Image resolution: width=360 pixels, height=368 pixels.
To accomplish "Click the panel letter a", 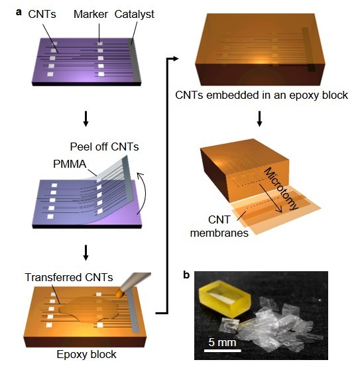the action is pyautogui.click(x=19, y=12).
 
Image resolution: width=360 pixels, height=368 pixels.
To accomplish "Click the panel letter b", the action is pyautogui.click(x=186, y=275).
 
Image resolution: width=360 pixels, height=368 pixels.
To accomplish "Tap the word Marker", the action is pyautogui.click(x=91, y=15).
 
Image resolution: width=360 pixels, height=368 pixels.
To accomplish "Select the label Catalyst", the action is pyautogui.click(x=134, y=15).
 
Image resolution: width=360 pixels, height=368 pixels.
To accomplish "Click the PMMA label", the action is pyautogui.click(x=70, y=164).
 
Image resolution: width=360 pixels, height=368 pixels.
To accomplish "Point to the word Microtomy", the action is pyautogui.click(x=281, y=188).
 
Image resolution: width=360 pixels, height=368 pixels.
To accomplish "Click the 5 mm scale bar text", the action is pyautogui.click(x=222, y=342).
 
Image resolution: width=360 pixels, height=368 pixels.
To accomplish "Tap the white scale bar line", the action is pyautogui.click(x=223, y=351).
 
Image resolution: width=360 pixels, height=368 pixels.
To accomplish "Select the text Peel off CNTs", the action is pyautogui.click(x=105, y=147).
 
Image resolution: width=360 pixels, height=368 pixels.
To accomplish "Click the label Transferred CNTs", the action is pyautogui.click(x=69, y=277).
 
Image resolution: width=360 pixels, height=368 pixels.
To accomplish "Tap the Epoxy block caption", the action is pyautogui.click(x=87, y=354).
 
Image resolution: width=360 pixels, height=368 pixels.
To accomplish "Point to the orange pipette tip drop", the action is pyautogui.click(x=120, y=293).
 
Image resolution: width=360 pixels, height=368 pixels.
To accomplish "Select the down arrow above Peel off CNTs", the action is pyautogui.click(x=86, y=119).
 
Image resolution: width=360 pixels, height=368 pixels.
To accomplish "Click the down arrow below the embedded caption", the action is pyautogui.click(x=259, y=119).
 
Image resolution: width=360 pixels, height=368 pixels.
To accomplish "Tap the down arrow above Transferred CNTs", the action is pyautogui.click(x=86, y=253).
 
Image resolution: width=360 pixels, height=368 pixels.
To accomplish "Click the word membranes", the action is pyautogui.click(x=219, y=233).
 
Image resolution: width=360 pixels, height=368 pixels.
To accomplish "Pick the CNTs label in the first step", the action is pyautogui.click(x=42, y=15).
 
